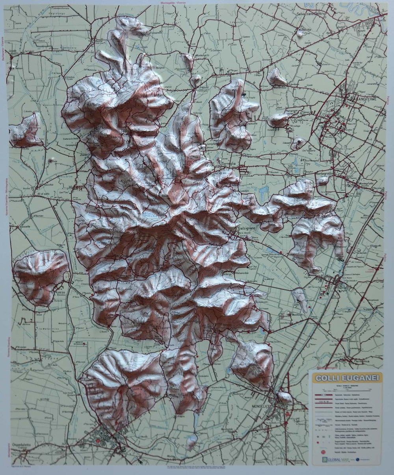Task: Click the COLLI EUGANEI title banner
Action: click(x=347, y=378)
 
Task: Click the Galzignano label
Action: click(x=247, y=229)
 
